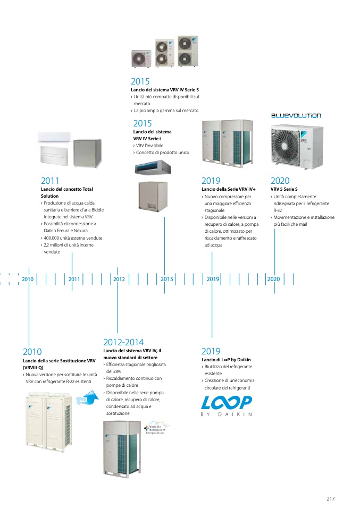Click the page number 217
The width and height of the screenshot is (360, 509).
click(x=330, y=498)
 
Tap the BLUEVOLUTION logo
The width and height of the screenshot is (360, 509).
click(x=296, y=115)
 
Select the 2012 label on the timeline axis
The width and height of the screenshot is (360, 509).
click(x=119, y=279)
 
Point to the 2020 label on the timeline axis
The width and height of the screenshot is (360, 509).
click(x=273, y=279)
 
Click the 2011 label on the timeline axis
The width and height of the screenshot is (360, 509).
click(x=74, y=279)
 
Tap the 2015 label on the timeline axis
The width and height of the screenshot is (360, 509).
click(x=166, y=279)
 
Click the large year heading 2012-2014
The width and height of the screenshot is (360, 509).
click(x=123, y=342)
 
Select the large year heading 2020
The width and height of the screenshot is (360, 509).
click(x=280, y=181)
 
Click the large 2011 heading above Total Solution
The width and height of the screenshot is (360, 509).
click(x=50, y=181)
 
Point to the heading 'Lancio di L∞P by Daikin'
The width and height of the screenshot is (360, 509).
click(x=226, y=360)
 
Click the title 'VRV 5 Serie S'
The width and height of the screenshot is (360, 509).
click(x=284, y=189)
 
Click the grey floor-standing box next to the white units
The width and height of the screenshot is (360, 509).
click(x=87, y=152)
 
